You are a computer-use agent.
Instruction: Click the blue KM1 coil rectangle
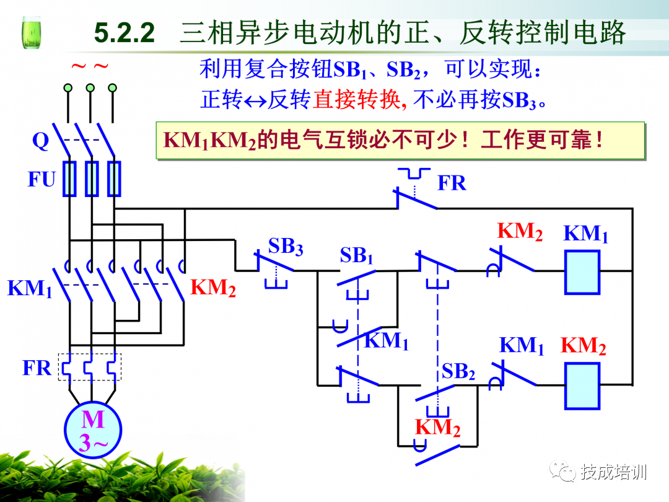[582, 272]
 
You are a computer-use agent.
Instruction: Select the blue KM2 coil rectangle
[582, 385]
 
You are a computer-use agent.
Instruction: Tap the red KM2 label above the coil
[520, 232]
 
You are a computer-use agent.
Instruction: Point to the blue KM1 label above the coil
[585, 234]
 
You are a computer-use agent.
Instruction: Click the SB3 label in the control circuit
[286, 247]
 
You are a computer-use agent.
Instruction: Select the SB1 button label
[357, 255]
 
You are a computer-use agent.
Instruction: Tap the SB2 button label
[458, 371]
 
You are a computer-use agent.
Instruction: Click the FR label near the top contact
[452, 183]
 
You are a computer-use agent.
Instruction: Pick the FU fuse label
[42, 180]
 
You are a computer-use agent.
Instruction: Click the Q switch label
[40, 141]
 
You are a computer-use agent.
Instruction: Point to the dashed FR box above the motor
[90, 367]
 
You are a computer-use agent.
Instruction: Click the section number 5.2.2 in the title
[125, 33]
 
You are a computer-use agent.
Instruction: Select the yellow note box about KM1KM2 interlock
[400, 140]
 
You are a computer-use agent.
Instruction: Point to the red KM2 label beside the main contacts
[212, 288]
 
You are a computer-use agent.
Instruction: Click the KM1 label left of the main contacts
[29, 289]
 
